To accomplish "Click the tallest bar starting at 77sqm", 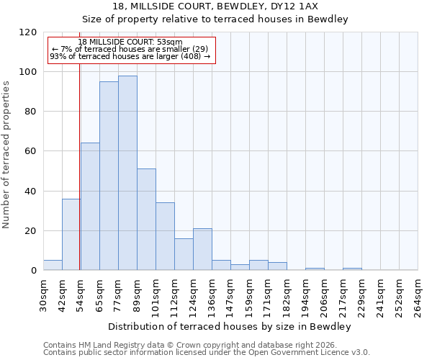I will (x=127, y=173).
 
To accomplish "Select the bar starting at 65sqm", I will (x=109, y=176).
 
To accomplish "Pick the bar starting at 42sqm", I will (x=71, y=234).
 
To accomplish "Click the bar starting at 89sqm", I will (x=146, y=220).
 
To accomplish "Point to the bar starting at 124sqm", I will (x=202, y=249).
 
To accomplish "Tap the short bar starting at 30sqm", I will (x=53, y=265).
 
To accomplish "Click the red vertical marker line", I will (x=79, y=166).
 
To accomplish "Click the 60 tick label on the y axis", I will (x=31, y=152).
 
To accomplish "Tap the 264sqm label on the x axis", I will (x=418, y=295).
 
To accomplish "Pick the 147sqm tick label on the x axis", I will (x=230, y=295).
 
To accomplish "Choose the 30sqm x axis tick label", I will (x=43, y=295).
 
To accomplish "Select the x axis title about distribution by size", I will (x=230, y=327).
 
